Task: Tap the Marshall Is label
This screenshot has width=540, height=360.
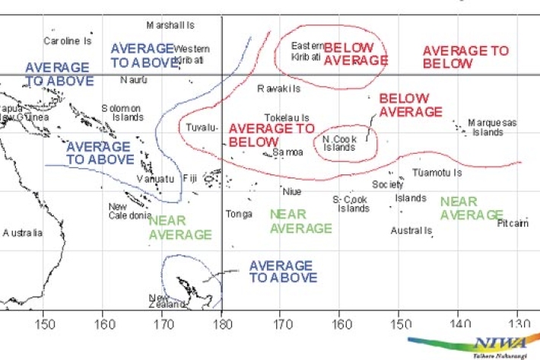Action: click(x=170, y=25)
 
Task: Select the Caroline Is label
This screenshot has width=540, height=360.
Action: click(x=68, y=40)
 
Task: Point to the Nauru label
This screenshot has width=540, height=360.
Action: click(x=134, y=79)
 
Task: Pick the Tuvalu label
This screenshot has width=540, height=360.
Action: click(x=202, y=126)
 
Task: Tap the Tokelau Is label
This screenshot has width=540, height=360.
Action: click(x=287, y=118)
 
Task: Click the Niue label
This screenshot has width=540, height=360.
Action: click(x=292, y=191)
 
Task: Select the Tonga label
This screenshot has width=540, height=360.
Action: click(x=239, y=214)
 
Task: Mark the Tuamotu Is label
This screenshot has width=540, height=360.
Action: click(x=437, y=173)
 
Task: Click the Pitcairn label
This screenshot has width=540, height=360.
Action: click(x=513, y=224)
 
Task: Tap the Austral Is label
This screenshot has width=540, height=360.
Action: click(x=411, y=230)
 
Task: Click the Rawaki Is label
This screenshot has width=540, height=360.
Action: click(x=278, y=89)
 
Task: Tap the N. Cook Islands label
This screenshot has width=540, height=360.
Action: click(x=338, y=143)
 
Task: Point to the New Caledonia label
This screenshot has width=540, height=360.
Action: click(x=129, y=211)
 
